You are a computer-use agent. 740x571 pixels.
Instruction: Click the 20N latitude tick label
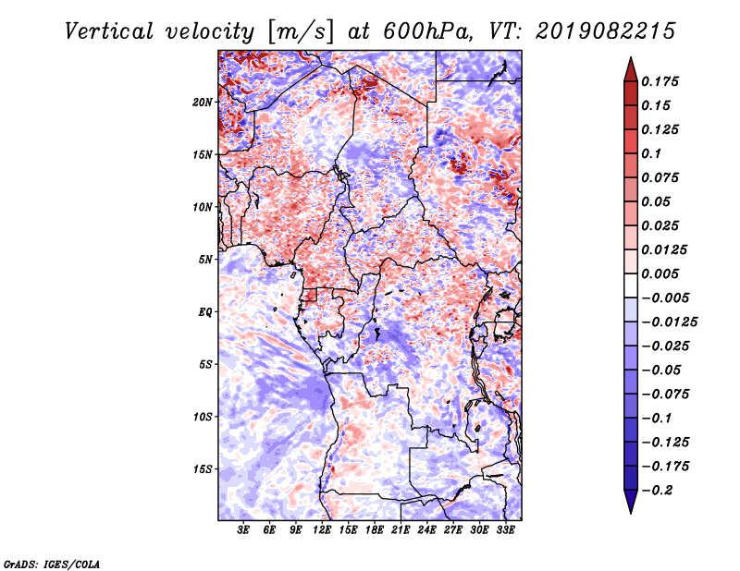203,103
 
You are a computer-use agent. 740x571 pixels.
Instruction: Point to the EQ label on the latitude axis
205,312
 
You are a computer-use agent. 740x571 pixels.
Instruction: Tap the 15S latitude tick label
203,469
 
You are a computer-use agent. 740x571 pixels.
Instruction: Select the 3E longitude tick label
243,530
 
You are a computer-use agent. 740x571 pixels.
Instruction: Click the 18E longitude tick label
375,530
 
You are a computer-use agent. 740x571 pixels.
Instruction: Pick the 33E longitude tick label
505,530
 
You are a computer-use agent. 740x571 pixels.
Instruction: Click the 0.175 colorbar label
660,81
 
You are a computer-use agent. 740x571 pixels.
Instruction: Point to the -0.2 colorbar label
657,491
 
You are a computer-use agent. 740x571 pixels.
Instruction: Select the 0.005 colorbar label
660,273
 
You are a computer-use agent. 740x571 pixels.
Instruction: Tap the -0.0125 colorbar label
669,322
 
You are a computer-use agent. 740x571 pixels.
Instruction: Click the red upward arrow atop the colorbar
631,69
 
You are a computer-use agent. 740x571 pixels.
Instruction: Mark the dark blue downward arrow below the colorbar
631,502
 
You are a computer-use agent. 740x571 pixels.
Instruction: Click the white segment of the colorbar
631,285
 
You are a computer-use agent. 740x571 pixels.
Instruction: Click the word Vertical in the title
109,31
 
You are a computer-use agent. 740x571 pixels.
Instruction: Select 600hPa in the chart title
427,31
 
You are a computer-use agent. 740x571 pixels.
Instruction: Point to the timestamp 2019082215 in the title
606,31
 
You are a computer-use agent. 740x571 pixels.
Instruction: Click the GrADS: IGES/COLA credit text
52,565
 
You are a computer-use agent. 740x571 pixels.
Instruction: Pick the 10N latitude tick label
203,208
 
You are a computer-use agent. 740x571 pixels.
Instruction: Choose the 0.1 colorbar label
651,153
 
